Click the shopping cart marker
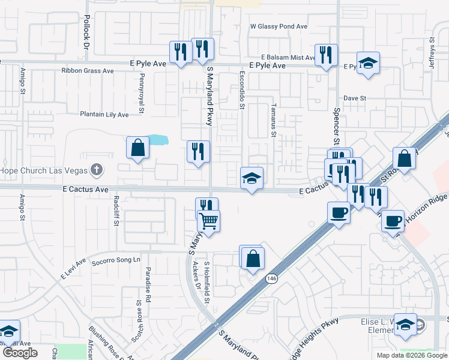pyautogui.click(x=209, y=221)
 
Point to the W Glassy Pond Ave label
pyautogui.click(x=279, y=27)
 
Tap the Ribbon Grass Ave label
pyautogui.click(x=88, y=71)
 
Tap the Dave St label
pyautogui.click(x=355, y=98)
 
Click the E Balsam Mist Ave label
pyautogui.click(x=284, y=58)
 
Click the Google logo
pyautogui.click(x=20, y=353)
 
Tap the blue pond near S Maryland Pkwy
pyautogui.click(x=157, y=140)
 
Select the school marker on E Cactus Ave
pyautogui.click(x=252, y=178)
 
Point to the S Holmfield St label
pyautogui.click(x=207, y=282)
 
